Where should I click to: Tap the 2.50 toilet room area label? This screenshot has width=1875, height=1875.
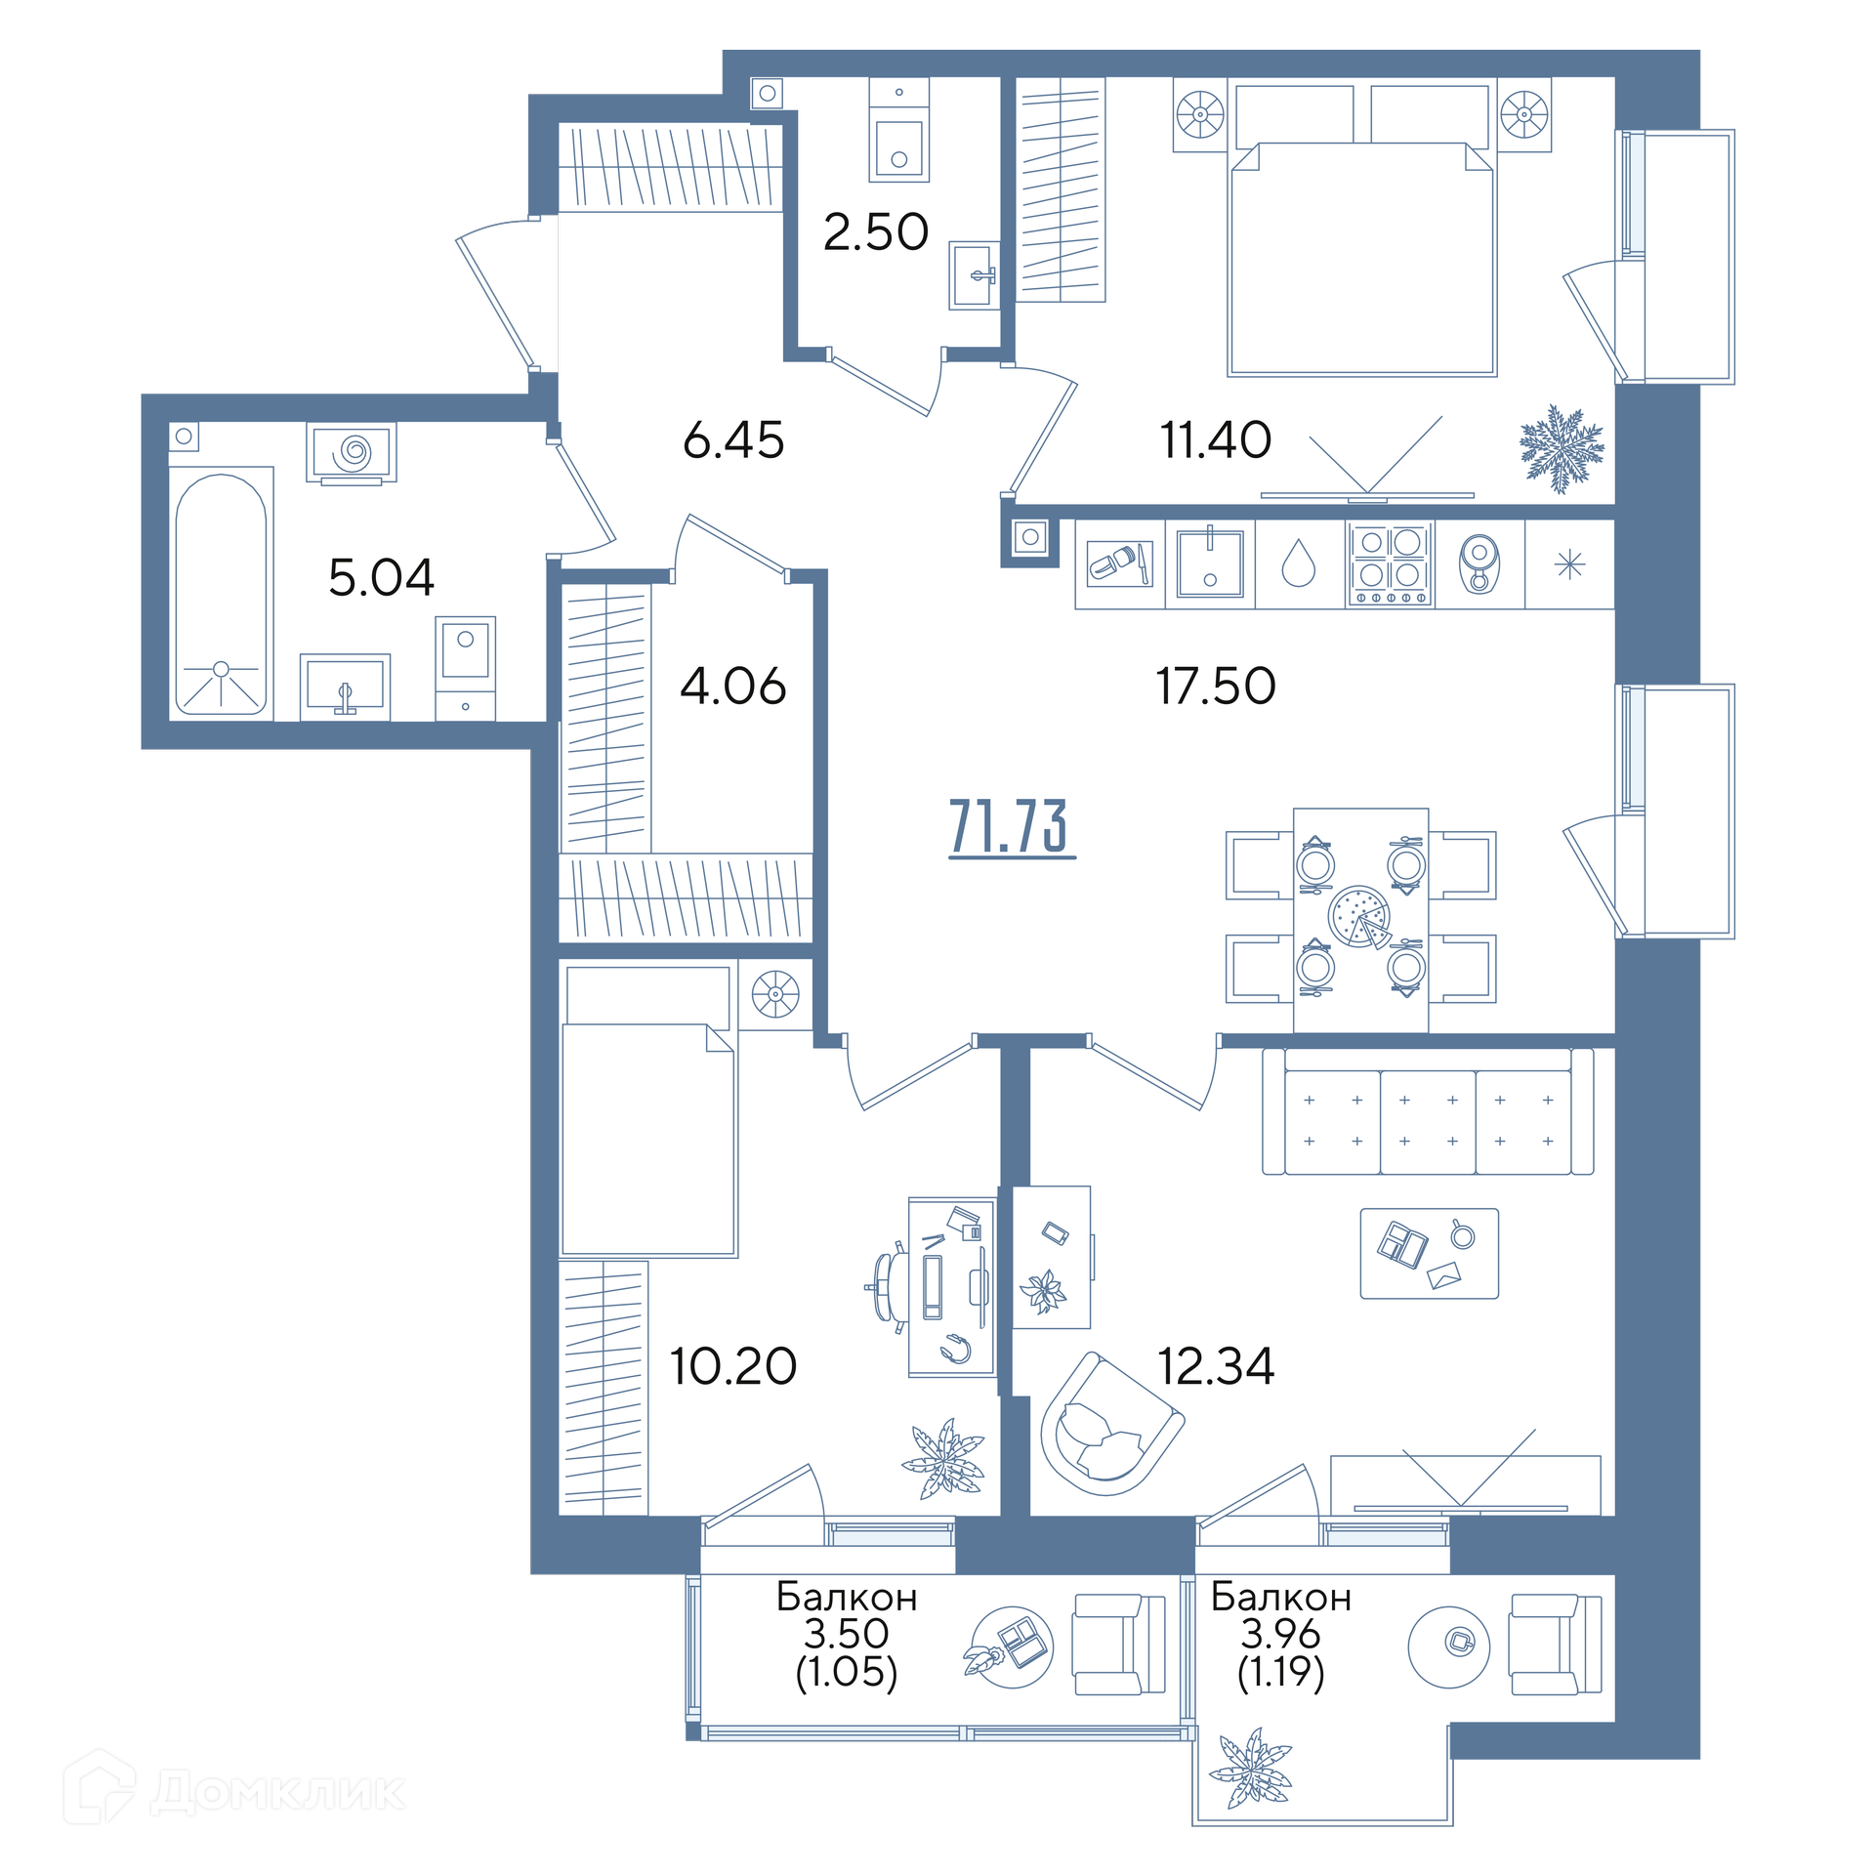tap(875, 232)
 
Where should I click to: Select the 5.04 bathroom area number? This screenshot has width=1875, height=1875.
tap(381, 577)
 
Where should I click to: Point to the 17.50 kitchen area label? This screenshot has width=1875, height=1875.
tap(1216, 686)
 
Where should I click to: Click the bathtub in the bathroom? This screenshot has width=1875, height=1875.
tap(221, 593)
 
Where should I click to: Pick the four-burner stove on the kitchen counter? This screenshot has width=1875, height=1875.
tap(1389, 565)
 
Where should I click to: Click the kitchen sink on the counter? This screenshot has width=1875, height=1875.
tap(1210, 563)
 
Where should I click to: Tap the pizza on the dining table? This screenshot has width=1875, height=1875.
tap(1358, 916)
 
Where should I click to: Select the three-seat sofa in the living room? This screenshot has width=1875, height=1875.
tap(1428, 1111)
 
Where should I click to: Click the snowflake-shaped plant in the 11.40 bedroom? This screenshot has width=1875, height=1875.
tap(1561, 448)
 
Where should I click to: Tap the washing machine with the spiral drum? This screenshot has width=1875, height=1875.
tap(352, 452)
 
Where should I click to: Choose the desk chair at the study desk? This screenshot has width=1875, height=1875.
tap(889, 1287)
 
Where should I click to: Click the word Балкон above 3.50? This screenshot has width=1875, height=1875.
tap(847, 1597)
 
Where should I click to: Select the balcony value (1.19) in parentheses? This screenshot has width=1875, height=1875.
tap(1280, 1672)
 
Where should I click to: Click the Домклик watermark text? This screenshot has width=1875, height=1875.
tap(278, 1792)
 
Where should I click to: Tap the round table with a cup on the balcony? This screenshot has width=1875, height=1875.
tap(1448, 1647)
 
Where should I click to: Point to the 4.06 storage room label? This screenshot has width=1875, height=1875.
tap(732, 687)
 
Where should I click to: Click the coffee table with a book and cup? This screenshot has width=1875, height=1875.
tap(1429, 1254)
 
